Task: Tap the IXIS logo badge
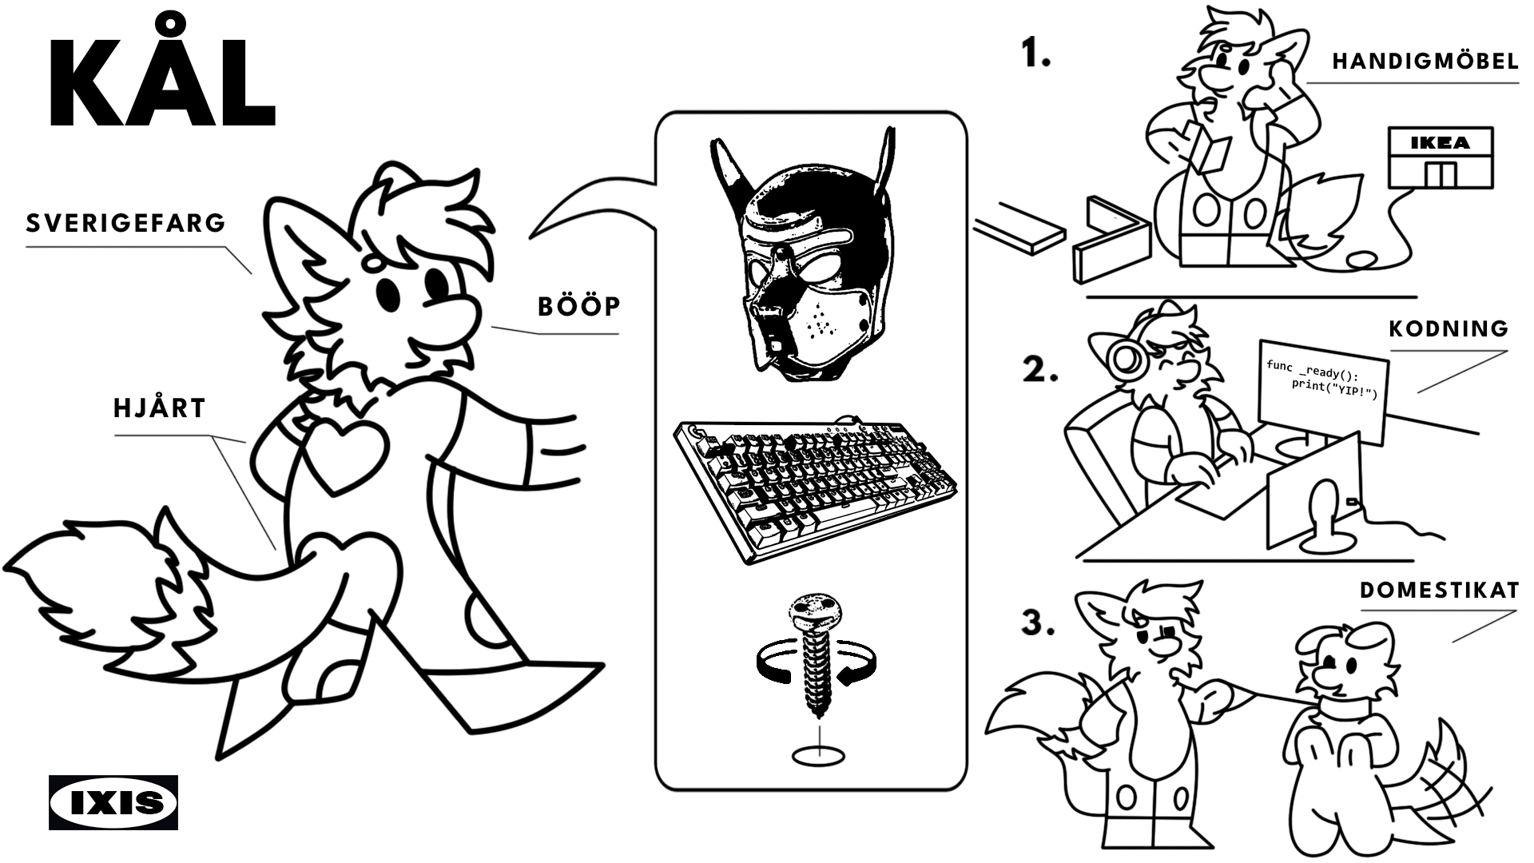coord(113,802)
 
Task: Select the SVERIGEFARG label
coord(126,222)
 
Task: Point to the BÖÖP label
coord(579,306)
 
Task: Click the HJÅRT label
coord(160,408)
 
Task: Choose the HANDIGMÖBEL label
coord(1425,62)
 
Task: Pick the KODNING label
coord(1449,328)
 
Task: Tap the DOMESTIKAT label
coord(1439,591)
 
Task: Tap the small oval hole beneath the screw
coord(818,755)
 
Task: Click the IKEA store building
coord(1440,157)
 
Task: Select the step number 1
coord(1036,54)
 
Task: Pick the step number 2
coord(1040,370)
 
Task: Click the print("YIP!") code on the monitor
coord(1335,389)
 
